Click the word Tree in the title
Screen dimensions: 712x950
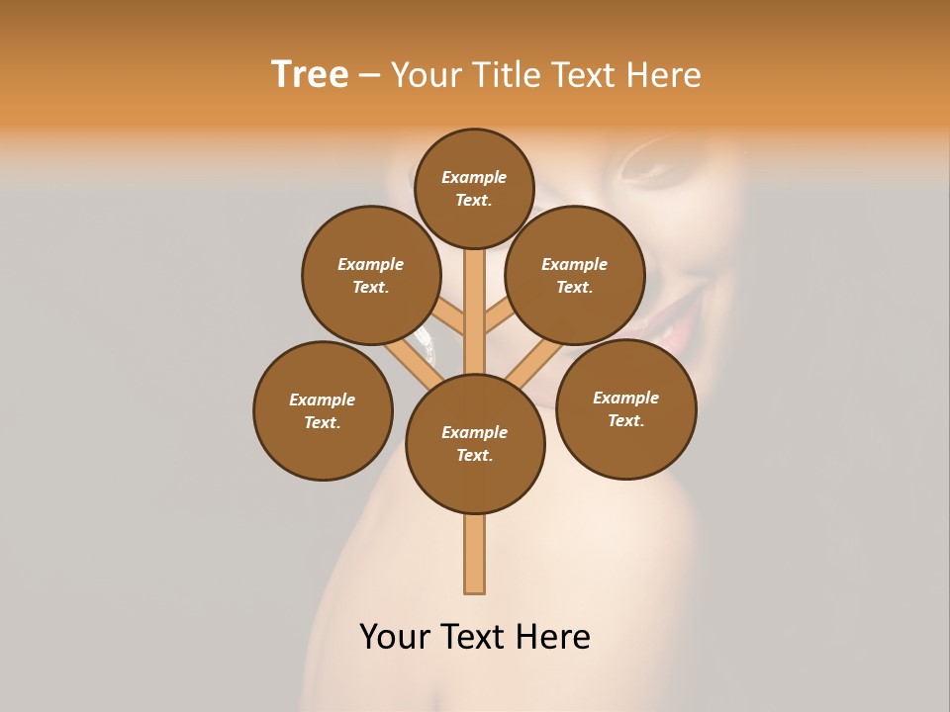click(310, 75)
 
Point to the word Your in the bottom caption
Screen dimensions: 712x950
click(397, 637)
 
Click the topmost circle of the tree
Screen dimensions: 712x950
click(474, 189)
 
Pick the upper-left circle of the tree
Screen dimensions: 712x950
click(371, 276)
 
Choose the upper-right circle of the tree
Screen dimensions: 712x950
click(575, 276)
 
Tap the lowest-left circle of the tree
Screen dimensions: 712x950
click(323, 411)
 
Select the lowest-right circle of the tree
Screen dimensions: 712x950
click(625, 409)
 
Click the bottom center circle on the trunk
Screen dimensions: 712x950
click(475, 444)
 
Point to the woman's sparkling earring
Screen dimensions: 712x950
click(428, 340)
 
